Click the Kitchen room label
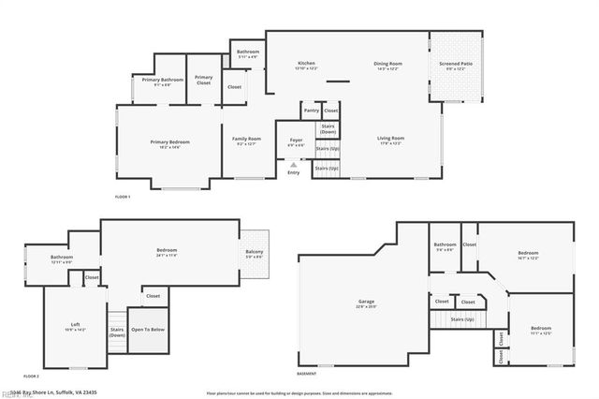click(306, 64)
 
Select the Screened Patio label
click(456, 64)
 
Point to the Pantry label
click(312, 111)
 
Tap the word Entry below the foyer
click(294, 172)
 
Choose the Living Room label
click(389, 139)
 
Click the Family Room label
click(246, 140)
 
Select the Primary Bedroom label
click(169, 142)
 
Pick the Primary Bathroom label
click(162, 81)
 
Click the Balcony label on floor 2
click(255, 252)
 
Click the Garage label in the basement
click(365, 303)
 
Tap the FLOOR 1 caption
click(123, 197)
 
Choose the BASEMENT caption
click(306, 374)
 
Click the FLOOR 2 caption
click(31, 376)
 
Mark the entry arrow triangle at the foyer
click(293, 164)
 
